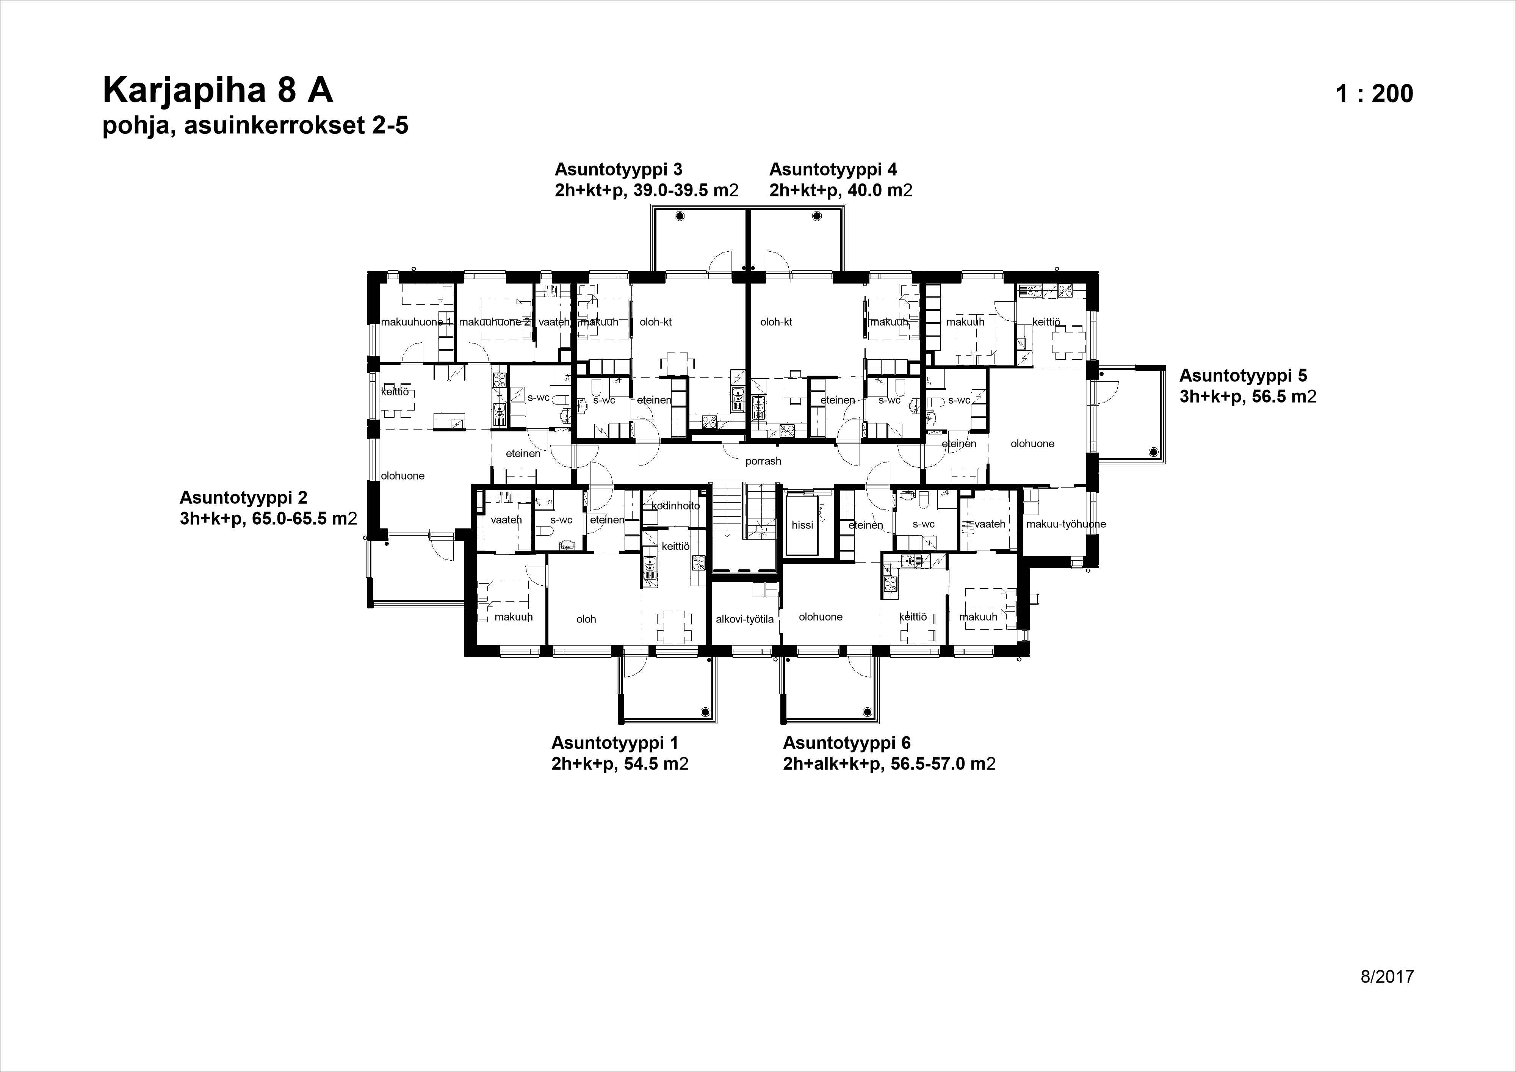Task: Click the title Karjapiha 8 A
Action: (218, 91)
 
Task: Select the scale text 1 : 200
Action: (1374, 94)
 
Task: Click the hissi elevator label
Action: (802, 525)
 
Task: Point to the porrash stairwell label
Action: (763, 461)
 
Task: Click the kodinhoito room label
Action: (675, 506)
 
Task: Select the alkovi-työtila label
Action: (744, 619)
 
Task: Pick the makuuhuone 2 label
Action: (494, 322)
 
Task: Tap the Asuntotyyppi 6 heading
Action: (846, 743)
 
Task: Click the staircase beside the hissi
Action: (744, 522)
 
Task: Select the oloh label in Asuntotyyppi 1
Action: (586, 619)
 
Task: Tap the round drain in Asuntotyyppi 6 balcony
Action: (868, 712)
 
